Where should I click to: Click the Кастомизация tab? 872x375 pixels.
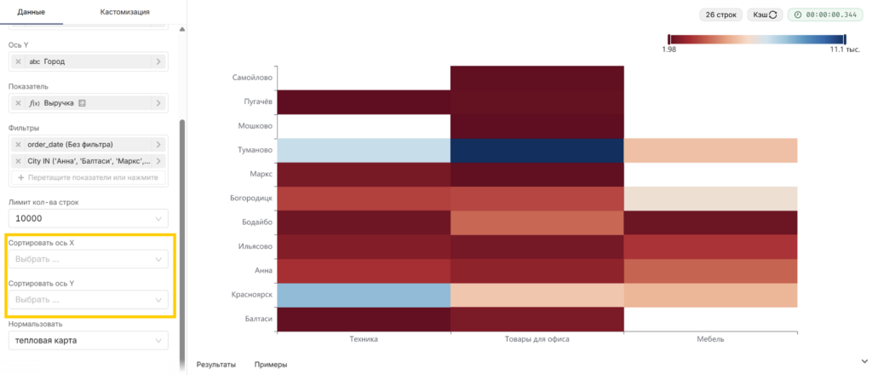124,12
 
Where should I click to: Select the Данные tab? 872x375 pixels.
32,12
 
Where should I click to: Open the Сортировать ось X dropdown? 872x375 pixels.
89,259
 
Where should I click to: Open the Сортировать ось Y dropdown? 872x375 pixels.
89,299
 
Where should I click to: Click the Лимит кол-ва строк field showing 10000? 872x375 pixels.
89,219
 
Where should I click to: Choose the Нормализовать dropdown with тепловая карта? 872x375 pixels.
89,340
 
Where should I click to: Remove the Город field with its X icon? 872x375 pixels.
19,61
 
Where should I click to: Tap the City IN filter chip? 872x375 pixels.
89,161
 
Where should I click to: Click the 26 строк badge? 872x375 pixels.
720,15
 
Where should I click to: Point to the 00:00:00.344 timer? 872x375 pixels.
824,15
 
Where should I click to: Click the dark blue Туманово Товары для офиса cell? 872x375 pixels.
537,150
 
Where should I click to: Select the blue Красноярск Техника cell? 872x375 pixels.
364,296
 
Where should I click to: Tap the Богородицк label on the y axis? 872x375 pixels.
251,198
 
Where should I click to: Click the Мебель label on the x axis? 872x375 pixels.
711,339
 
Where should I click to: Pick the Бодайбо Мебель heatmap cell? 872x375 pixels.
711,222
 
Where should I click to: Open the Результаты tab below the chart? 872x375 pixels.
216,365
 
